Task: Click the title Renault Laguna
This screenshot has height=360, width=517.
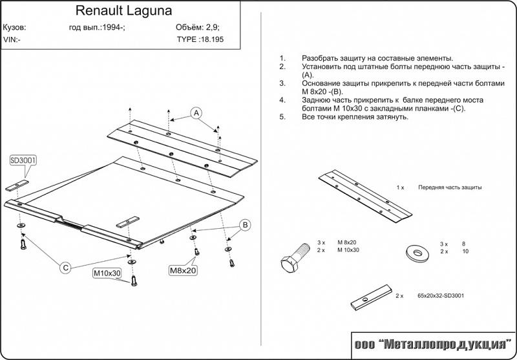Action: point(120,11)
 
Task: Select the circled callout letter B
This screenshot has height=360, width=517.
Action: point(245,225)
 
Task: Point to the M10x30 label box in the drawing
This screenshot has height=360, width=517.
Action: point(107,273)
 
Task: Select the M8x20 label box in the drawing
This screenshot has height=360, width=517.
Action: point(183,270)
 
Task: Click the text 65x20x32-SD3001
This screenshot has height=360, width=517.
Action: point(441,295)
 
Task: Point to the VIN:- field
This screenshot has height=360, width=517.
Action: point(12,39)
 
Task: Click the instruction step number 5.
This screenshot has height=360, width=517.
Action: point(282,117)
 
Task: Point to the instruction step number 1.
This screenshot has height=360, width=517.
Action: point(282,58)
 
